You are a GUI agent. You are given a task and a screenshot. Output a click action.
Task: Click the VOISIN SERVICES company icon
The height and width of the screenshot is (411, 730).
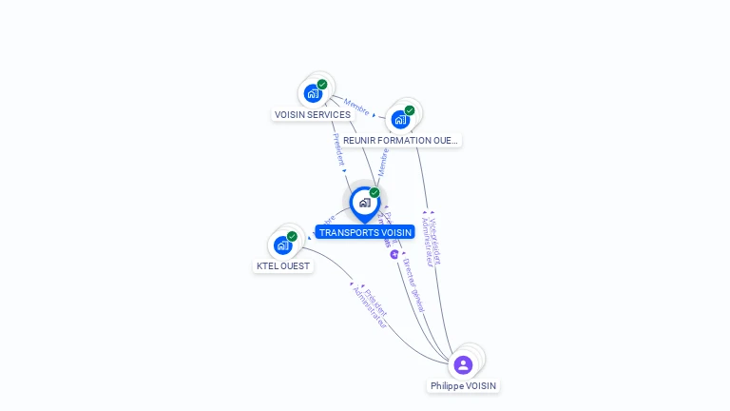pyautogui.click(x=312, y=94)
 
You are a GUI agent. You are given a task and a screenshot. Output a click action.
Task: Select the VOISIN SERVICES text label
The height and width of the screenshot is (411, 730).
pyautogui.click(x=313, y=115)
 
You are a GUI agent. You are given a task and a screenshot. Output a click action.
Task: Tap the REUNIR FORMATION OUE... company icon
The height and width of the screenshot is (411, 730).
pyautogui.click(x=399, y=120)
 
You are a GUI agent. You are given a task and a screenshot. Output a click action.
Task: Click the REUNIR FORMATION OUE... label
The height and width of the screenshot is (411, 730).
pyautogui.click(x=400, y=141)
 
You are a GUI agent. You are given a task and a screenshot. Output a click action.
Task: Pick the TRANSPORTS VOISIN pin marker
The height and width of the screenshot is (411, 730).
pyautogui.click(x=364, y=203)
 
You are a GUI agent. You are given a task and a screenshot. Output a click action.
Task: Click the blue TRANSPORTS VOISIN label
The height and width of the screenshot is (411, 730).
pyautogui.click(x=365, y=232)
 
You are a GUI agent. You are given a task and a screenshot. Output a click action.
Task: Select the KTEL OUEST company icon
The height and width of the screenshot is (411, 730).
pyautogui.click(x=282, y=245)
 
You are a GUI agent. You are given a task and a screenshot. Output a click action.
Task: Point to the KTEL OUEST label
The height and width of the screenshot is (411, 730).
pyautogui.click(x=283, y=266)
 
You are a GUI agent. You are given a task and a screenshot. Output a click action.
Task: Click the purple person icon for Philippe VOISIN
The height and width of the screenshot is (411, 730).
pyautogui.click(x=463, y=365)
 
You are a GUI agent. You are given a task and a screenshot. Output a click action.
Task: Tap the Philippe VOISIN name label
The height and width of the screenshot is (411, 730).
pyautogui.click(x=463, y=386)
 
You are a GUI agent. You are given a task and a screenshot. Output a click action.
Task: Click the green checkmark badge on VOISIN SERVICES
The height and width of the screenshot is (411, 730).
pyautogui.click(x=322, y=85)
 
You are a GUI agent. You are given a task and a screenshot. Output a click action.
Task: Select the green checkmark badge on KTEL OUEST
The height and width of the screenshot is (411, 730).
pyautogui.click(x=292, y=236)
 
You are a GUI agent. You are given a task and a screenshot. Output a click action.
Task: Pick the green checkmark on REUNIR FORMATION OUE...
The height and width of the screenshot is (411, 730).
pyautogui.click(x=410, y=110)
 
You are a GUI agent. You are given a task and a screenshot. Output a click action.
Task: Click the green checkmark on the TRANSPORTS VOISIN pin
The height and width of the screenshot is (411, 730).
pyautogui.click(x=375, y=192)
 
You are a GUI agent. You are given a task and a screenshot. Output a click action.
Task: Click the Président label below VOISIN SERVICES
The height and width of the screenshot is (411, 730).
pyautogui.click(x=338, y=149)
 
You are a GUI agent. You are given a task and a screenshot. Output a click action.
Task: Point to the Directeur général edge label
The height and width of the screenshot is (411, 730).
pyautogui.click(x=413, y=284)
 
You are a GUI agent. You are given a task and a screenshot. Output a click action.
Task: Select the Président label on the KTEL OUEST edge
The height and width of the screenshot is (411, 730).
pyautogui.click(x=376, y=298)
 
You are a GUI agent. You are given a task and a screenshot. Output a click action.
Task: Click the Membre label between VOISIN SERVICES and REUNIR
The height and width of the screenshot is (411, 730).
pyautogui.click(x=356, y=104)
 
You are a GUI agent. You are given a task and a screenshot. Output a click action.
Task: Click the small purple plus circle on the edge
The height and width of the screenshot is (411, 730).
pyautogui.click(x=394, y=254)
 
